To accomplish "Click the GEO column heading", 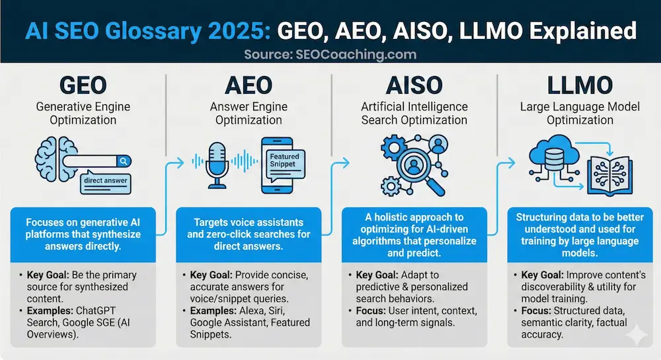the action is click(x=83, y=85).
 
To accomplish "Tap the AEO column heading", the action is click(x=249, y=85).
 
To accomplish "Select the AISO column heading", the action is click(x=414, y=85).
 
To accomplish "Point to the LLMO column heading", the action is click(x=580, y=85).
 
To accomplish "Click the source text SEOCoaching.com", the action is click(x=356, y=54).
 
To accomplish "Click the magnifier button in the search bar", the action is click(x=124, y=161).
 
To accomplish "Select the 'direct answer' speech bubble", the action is click(x=105, y=182).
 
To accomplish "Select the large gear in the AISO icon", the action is click(x=394, y=147).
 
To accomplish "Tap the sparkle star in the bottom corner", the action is click(x=637, y=335).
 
